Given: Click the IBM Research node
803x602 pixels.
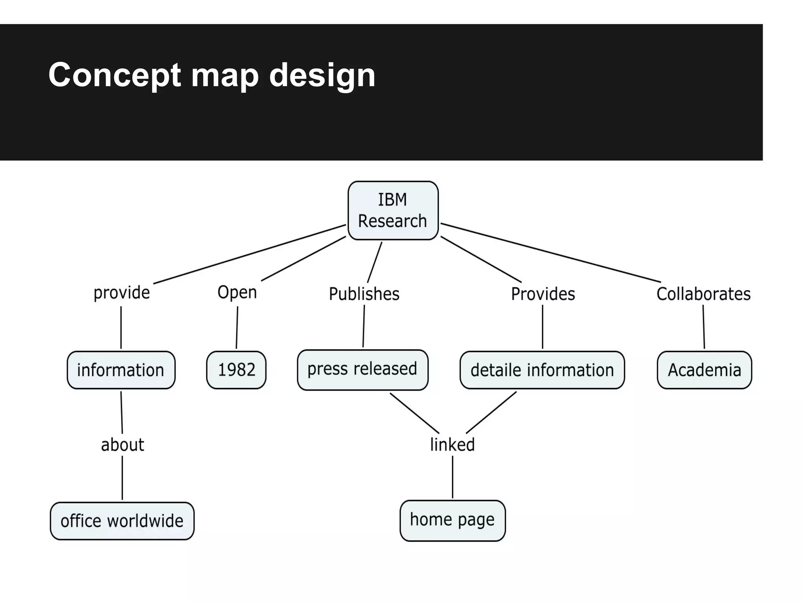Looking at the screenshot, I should tap(393, 210).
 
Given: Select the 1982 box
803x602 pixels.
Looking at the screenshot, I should tap(236, 370).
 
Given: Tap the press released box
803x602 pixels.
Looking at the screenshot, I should tap(362, 370).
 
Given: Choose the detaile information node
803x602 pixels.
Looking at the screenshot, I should tap(542, 370).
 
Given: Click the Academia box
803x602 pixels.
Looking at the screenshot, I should tap(704, 370).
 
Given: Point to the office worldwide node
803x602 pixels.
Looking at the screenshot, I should tap(122, 521).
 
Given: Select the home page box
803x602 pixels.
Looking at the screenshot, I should tap(452, 520).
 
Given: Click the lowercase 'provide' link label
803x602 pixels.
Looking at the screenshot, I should tap(122, 293).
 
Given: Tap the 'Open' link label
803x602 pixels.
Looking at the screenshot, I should tap(237, 292).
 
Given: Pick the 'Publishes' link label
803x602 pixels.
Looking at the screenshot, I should tap(364, 294).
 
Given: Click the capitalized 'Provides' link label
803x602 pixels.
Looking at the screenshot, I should tap(543, 294).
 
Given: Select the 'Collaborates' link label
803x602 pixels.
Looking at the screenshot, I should tap(703, 294).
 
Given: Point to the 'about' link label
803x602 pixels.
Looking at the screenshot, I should tap(122, 445).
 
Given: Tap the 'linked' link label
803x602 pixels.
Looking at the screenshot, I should tap(452, 445).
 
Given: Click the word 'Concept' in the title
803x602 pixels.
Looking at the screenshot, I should tap(115, 75).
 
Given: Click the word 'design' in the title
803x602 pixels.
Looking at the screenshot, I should tap(322, 75).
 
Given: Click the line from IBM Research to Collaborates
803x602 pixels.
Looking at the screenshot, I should tap(550, 252).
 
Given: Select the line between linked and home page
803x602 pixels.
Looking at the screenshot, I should tap(452, 477).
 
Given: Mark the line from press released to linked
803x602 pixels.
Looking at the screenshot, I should tap(414, 413).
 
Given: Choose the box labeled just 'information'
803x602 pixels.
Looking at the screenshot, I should tap(121, 370).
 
